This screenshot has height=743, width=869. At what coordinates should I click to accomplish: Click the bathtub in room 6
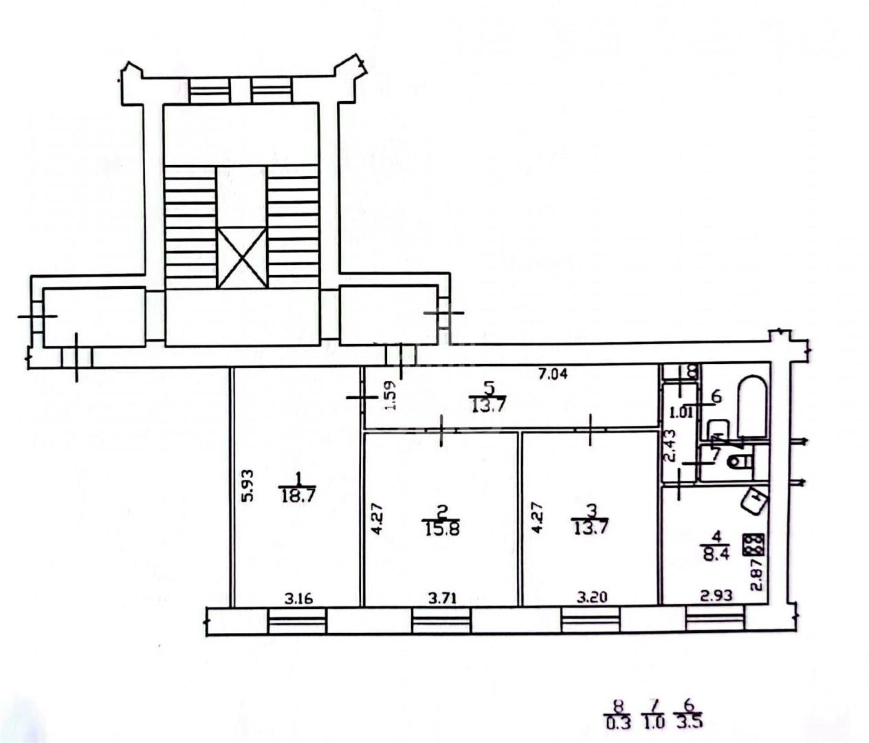[753, 407]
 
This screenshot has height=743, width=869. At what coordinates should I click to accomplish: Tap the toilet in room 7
[740, 462]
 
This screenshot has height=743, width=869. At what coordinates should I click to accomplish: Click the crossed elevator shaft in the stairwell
[242, 257]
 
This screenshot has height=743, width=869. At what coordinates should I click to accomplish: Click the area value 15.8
[441, 528]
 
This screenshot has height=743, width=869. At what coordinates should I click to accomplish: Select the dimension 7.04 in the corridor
[553, 374]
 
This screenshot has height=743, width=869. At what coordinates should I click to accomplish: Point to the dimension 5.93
[248, 485]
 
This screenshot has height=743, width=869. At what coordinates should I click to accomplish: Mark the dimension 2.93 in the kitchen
[716, 595]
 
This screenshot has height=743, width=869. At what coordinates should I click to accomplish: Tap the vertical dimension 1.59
[390, 395]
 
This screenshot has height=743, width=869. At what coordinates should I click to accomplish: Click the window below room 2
[441, 621]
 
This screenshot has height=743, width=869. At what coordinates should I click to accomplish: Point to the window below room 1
[297, 621]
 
